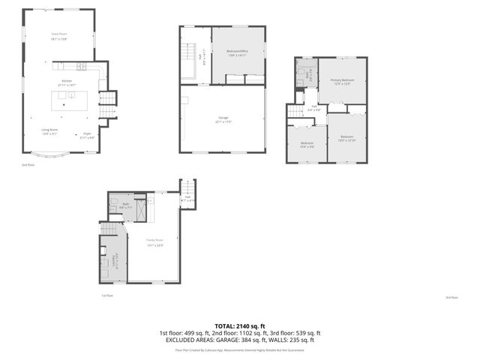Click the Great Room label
(x=59, y=35)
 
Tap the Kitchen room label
(x=66, y=82)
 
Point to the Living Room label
(x=49, y=133)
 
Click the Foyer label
(x=87, y=135)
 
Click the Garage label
(x=223, y=119)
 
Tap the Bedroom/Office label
(x=238, y=52)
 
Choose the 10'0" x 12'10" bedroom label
(x=346, y=137)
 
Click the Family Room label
(x=155, y=241)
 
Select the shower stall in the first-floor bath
(x=139, y=209)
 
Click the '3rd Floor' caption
(x=451, y=298)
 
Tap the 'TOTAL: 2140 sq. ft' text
(x=240, y=326)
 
